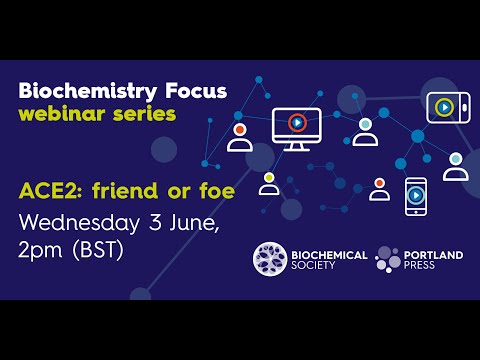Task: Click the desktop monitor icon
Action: pyautogui.click(x=297, y=128)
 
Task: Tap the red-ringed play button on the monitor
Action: pyautogui.click(x=297, y=123)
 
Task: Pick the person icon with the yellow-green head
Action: pyautogui.click(x=269, y=184)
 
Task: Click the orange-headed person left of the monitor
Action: pyautogui.click(x=240, y=137)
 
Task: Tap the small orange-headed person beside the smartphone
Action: pyautogui.click(x=379, y=189)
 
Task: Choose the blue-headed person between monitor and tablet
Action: pyautogui.click(x=366, y=132)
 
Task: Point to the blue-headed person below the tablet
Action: pyautogui.click(x=455, y=166)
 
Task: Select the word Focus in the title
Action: pyautogui.click(x=192, y=91)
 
